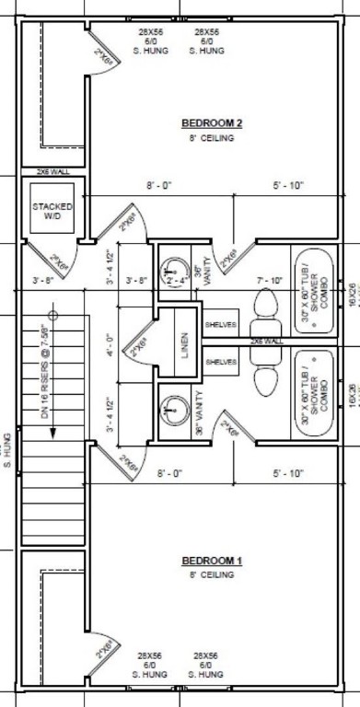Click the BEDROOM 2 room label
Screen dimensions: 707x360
coord(211,123)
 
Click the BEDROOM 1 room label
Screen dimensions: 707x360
coord(211,561)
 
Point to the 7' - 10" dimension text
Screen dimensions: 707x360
coord(269,280)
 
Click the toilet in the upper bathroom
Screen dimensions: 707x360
coord(262,305)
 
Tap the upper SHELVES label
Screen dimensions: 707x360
coord(221,325)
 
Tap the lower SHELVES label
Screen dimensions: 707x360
coord(221,362)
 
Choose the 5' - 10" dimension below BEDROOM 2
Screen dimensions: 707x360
coord(287,186)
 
